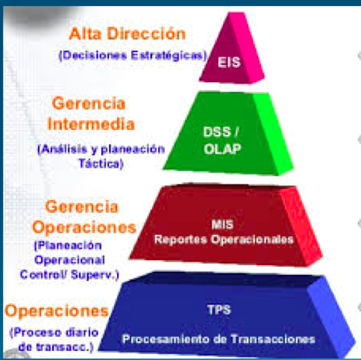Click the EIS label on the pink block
pyautogui.click(x=229, y=62)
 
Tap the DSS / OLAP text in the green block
pyautogui.click(x=222, y=140)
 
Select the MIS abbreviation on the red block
pyautogui.click(x=222, y=224)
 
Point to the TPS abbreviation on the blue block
pyautogui.click(x=219, y=310)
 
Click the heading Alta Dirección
pyautogui.click(x=128, y=34)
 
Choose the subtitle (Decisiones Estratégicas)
pyautogui.click(x=133, y=55)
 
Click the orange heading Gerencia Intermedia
pyautogui.click(x=91, y=114)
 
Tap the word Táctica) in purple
pyautogui.click(x=101, y=164)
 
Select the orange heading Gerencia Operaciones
pyautogui.click(x=84, y=217)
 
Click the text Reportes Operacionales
pyautogui.click(x=224, y=240)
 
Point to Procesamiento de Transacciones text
pyautogui.click(x=219, y=339)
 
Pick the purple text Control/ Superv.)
pyautogui.click(x=69, y=275)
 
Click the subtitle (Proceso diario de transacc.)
pyautogui.click(x=54, y=340)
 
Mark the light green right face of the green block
pyautogui.click(x=273, y=134)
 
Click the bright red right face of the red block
pyautogui.click(x=301, y=226)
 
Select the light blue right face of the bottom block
pyautogui.click(x=330, y=316)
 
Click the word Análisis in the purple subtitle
pyautogui.click(x=62, y=149)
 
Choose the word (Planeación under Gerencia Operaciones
pyautogui.click(x=68, y=246)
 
